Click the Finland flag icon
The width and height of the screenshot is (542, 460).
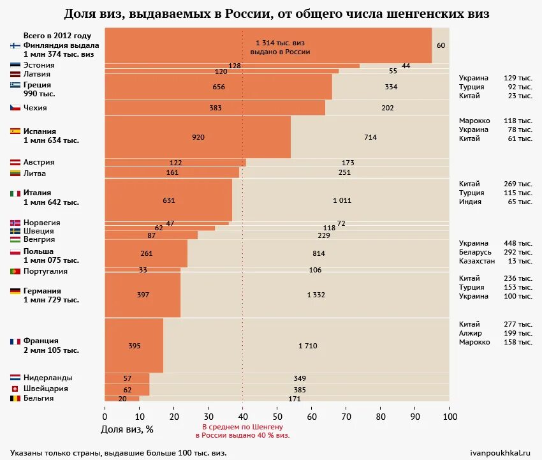click(15, 45)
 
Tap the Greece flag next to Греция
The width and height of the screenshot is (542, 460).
click(15, 85)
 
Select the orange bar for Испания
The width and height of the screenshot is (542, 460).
click(198, 137)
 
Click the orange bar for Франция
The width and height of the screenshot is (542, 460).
click(134, 345)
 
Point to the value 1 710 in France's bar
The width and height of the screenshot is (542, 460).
click(307, 346)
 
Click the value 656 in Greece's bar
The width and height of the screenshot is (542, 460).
click(219, 87)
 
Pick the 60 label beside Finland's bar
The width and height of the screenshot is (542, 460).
click(441, 45)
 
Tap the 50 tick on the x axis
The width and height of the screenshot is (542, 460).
click(277, 417)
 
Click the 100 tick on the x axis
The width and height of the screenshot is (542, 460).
click(450, 417)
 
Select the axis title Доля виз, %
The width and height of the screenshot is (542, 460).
click(127, 429)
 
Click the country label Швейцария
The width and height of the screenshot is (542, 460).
click(45, 389)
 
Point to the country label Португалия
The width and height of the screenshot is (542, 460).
click(45, 271)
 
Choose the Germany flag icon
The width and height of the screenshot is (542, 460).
click(15, 291)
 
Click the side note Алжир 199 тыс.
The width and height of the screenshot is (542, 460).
click(495, 333)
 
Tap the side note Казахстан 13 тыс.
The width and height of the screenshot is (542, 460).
click(495, 261)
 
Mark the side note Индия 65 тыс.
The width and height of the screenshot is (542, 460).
click(495, 202)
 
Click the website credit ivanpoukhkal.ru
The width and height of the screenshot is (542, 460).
click(500, 453)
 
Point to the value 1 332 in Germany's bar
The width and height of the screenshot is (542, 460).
click(316, 295)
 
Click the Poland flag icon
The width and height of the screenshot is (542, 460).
click(15, 252)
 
